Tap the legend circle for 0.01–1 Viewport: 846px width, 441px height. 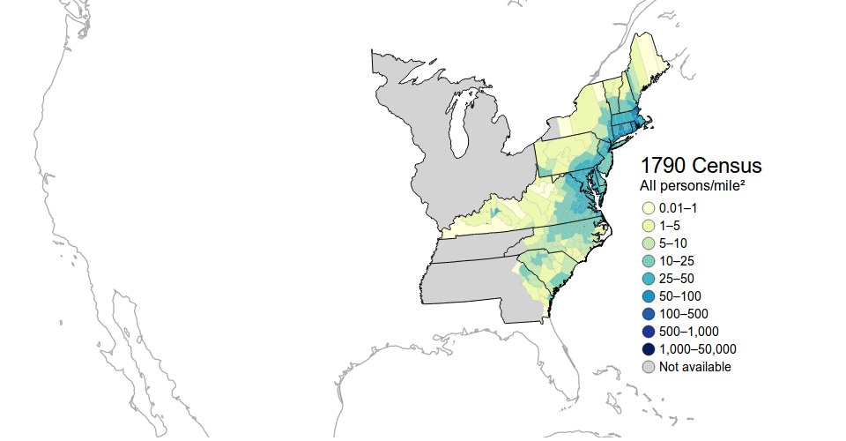[648, 208]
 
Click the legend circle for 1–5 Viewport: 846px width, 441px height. [648, 226]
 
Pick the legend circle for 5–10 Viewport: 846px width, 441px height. [648, 243]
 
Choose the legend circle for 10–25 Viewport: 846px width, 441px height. [648, 261]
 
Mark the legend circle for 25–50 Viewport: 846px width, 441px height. [648, 279]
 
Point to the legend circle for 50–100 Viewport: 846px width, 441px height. [648, 296]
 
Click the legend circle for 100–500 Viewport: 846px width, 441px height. [648, 314]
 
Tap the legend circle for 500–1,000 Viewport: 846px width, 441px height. [648, 332]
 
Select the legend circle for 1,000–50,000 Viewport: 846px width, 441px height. [648, 349]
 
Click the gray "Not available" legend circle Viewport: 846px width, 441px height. [648, 367]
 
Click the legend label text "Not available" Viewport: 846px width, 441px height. [694, 367]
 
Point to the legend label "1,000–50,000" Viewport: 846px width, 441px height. [697, 349]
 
